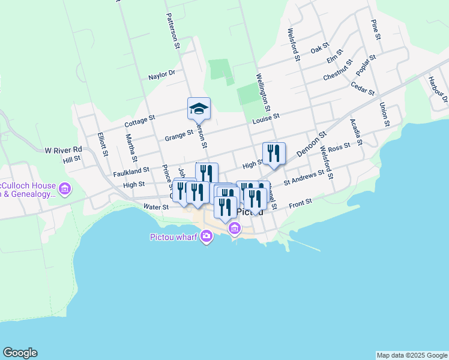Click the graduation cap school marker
pos(199,109)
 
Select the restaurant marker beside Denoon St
pos(274,153)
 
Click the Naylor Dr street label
pos(161,76)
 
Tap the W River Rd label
pos(63,149)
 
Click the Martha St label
pos(129,145)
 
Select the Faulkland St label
pos(131,172)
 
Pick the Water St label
pos(156,207)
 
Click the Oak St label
pos(320,47)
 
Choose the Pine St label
pos(376,30)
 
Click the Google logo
pos(20,353)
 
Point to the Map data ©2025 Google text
pos(412,355)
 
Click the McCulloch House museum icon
pos(65,190)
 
